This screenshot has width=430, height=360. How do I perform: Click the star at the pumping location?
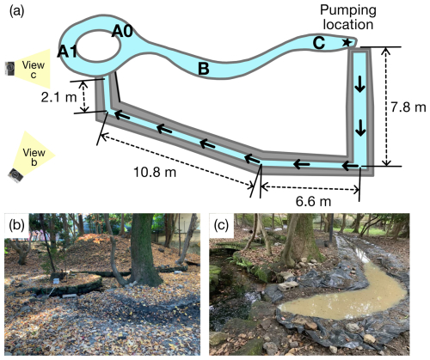(347, 43)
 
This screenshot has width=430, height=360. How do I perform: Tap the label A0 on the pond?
(122, 31)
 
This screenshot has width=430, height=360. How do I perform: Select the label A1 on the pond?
(67, 52)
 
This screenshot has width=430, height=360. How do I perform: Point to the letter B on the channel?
(204, 69)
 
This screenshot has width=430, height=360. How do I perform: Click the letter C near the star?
(319, 44)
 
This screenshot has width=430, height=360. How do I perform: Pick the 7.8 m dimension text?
(408, 107)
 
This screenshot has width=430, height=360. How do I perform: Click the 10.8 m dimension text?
(155, 173)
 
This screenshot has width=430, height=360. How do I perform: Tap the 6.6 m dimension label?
(313, 201)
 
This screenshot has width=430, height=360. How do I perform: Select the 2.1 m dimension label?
(59, 98)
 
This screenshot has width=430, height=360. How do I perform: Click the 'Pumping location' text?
(348, 17)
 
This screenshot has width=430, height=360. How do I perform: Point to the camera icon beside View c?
(10, 69)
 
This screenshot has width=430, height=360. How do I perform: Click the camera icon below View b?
(16, 175)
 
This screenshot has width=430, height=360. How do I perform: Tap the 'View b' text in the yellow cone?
(34, 157)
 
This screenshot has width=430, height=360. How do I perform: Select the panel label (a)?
(17, 11)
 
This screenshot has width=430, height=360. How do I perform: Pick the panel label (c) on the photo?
(221, 226)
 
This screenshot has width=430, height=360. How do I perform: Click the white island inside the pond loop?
(99, 46)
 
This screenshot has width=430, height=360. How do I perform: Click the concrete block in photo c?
(289, 285)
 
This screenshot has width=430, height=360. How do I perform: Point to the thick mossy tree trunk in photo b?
(144, 252)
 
